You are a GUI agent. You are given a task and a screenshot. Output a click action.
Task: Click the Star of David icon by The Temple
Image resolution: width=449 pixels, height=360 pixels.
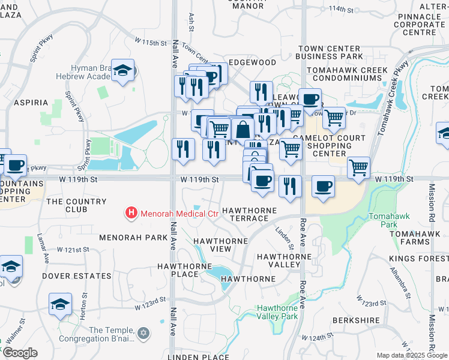tap(143, 332)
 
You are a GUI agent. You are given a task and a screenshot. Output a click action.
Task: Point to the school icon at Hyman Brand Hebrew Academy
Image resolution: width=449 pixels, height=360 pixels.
tap(123, 71)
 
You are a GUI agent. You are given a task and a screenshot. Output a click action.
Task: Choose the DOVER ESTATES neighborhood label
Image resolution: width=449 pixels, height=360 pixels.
tap(77, 276)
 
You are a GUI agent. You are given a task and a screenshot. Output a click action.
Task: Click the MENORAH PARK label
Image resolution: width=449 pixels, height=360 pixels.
tap(134, 238)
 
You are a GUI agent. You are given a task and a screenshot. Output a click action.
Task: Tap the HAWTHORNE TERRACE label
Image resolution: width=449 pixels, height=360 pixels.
tap(250, 214)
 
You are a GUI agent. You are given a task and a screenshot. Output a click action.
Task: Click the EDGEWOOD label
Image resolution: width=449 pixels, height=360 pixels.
tap(253, 62)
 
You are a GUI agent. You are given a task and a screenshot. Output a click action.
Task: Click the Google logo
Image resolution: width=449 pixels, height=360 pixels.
tap(19, 353)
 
